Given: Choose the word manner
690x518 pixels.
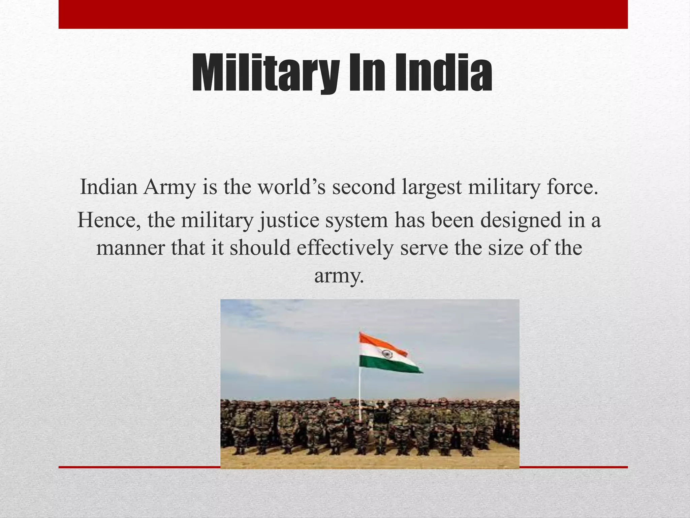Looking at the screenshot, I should (130, 248).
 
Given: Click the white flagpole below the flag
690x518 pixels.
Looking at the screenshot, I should (360, 395).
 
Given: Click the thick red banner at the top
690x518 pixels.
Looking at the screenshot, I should (343, 14).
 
